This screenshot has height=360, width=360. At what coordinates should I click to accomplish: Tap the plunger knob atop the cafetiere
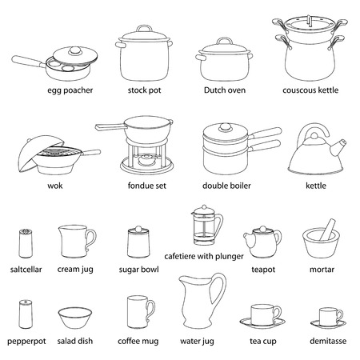pos(201,210)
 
